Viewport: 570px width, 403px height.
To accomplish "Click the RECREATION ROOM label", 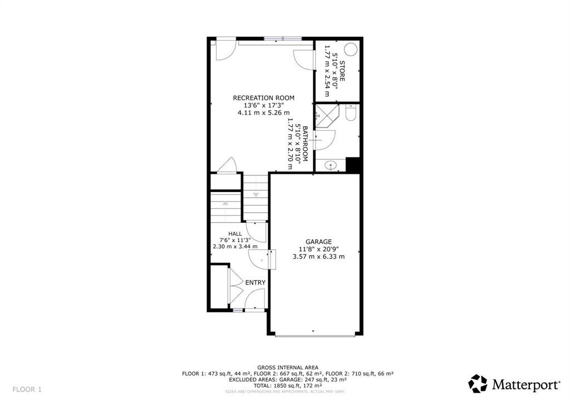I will [263, 98].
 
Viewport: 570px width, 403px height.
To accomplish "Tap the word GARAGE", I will [318, 242].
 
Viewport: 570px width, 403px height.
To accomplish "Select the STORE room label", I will [343, 71].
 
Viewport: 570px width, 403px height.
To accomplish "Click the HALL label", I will [235, 233].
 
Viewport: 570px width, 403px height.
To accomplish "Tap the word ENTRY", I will [255, 283].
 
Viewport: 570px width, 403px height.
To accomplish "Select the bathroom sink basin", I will [331, 165].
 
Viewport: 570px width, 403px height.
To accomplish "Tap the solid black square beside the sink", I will [353, 165].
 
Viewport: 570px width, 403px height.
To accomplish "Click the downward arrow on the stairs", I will [256, 195].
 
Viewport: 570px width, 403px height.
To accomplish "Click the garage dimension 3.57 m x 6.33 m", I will [318, 257].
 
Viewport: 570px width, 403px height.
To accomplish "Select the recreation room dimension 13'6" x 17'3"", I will [263, 105].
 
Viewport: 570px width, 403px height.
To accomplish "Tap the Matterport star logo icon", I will [478, 384].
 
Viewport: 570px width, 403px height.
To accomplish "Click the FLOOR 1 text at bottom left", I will [27, 389].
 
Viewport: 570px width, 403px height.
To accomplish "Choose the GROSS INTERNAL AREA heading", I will [287, 367].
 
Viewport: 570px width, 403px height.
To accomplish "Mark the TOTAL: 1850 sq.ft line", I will [287, 386].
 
